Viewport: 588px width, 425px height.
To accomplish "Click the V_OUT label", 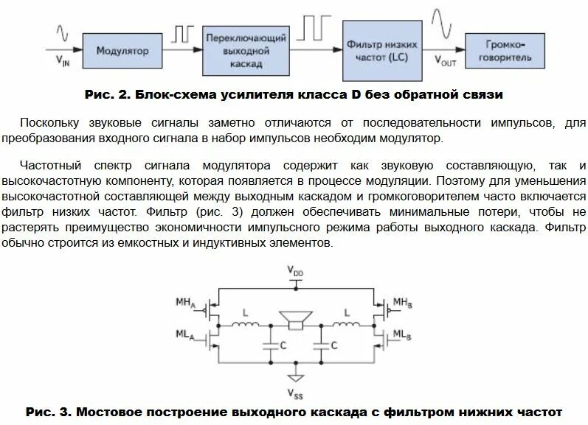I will click(x=445, y=62).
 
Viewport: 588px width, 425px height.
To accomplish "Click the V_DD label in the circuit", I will click(x=295, y=273).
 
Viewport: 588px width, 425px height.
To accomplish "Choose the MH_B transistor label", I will click(x=403, y=303).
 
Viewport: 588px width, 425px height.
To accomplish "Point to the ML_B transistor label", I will click(x=403, y=336).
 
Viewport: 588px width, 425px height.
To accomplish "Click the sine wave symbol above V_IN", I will click(x=63, y=33).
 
